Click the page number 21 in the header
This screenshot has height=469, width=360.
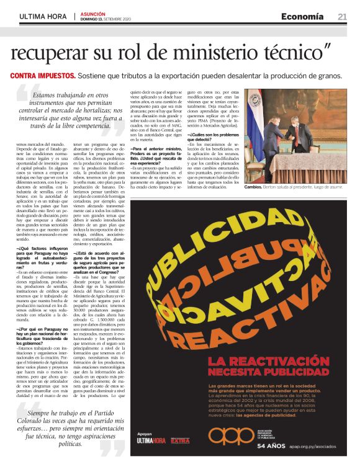[x=342, y=16]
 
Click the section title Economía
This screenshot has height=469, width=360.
[x=302, y=16]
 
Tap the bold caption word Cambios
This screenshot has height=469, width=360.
[x=254, y=187]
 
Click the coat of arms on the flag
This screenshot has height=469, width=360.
[x=254, y=115]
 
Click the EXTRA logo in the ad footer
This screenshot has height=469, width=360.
[x=180, y=441]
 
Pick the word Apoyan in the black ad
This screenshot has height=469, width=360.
[x=144, y=433]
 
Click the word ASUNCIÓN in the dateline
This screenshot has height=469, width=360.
[x=93, y=13]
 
